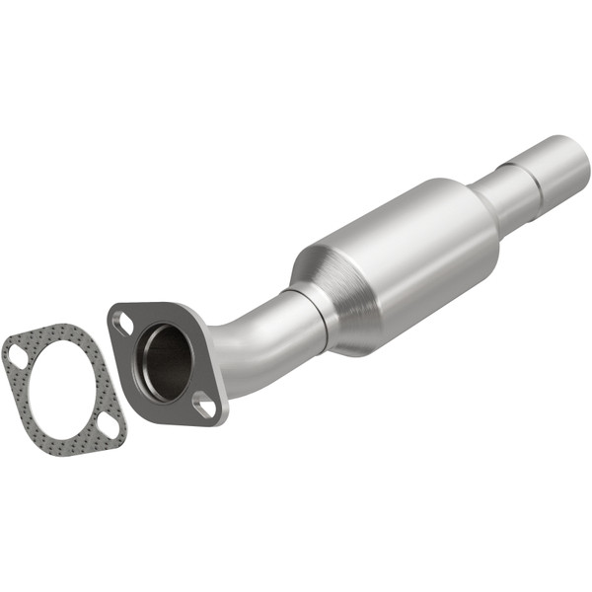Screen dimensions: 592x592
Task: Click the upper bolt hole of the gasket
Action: pos(16,352)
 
